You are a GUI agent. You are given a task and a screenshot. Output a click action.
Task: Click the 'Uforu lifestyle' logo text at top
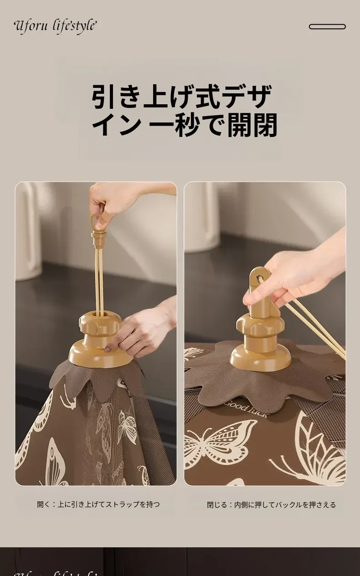coord(55,26)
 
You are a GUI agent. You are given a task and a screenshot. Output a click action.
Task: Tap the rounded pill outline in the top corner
coord(327,26)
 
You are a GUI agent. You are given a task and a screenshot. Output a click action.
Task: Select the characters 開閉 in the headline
coord(252,125)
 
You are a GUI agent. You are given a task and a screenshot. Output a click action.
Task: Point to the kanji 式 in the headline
coord(207,97)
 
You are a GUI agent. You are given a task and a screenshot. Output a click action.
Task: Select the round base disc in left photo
coord(100,352)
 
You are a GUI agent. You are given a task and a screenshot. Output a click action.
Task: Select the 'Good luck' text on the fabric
coord(246,408)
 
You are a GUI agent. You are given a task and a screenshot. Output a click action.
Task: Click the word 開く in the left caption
coord(43,505)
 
